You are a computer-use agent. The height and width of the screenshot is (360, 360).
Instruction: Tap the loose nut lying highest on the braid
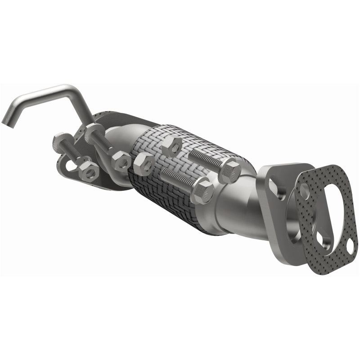click(x=171, y=146)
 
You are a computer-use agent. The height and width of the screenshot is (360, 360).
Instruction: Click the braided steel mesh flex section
click(x=180, y=180)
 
